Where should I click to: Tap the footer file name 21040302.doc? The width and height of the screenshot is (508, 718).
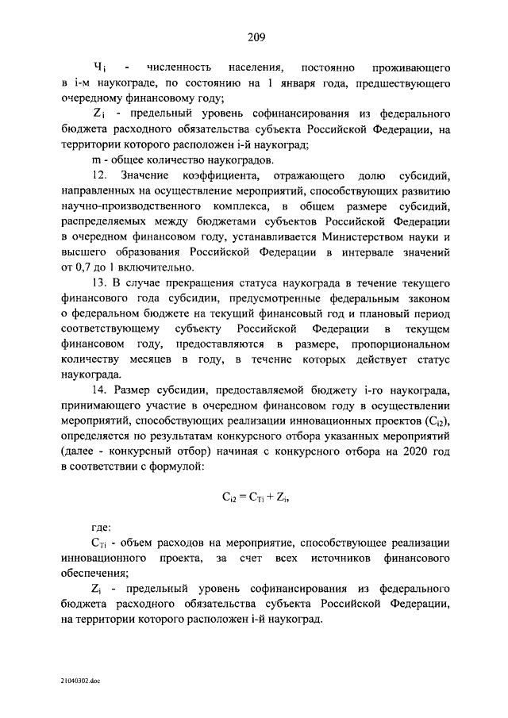coord(80,681)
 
